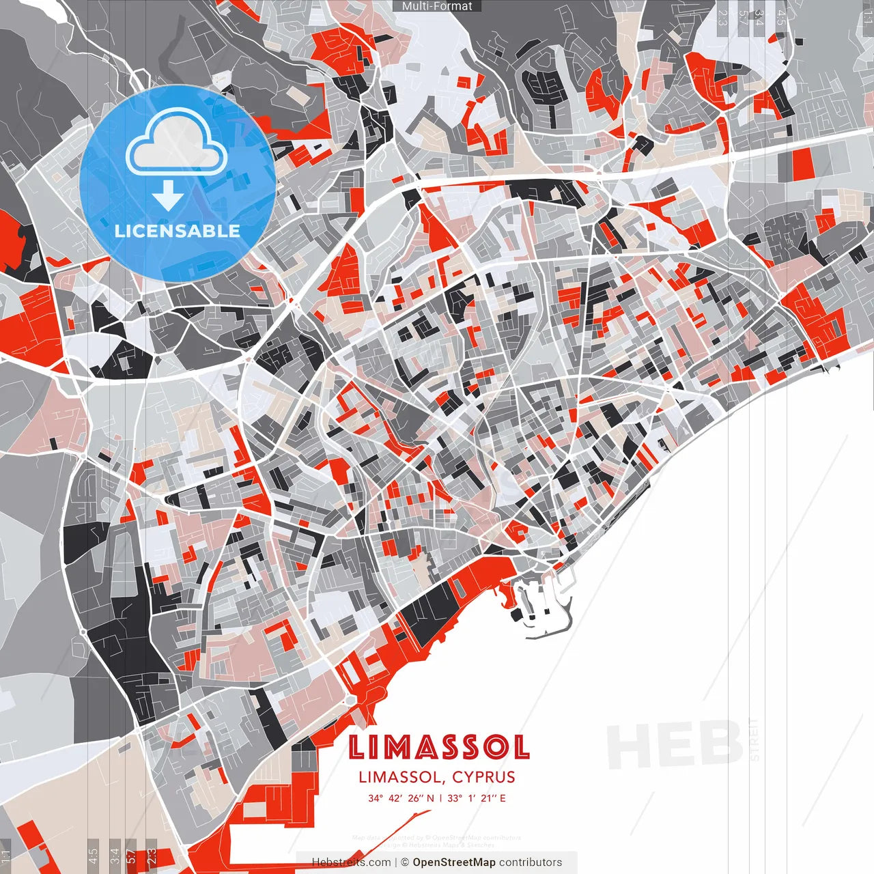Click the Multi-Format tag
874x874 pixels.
click(437, 6)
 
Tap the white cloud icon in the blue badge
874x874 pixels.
click(177, 145)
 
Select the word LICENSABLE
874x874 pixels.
click(178, 231)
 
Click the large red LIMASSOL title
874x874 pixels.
click(439, 748)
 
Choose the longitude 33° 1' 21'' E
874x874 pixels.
click(477, 798)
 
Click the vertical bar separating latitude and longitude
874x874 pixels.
click(440, 798)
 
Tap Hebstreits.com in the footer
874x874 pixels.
click(352, 862)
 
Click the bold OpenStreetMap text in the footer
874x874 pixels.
click(454, 862)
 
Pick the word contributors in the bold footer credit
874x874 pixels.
click(531, 862)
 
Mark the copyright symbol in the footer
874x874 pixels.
click(405, 862)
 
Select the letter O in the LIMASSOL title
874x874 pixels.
click(495, 748)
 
